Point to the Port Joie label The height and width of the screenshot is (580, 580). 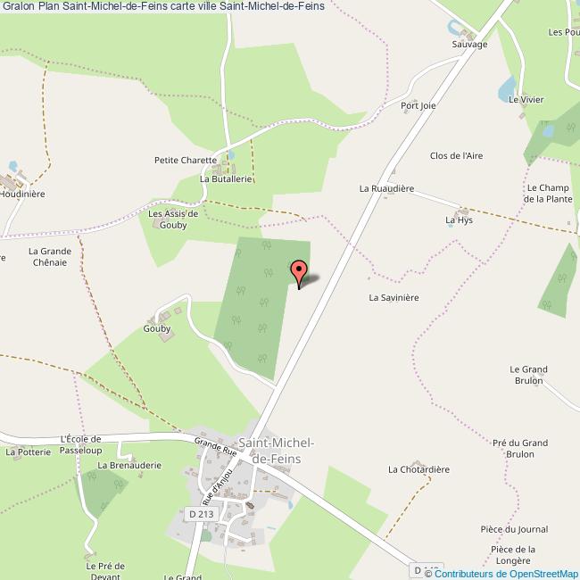point(418,105)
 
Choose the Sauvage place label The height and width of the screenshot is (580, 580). point(469,44)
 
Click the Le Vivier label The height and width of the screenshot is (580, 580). point(526,100)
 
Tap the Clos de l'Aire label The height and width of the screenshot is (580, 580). point(456,155)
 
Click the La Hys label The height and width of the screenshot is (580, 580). point(459,219)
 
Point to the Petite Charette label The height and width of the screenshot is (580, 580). point(186,161)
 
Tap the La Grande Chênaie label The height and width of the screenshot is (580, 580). point(50,256)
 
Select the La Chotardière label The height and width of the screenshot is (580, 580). point(418,468)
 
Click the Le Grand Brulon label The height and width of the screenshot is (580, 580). point(527,374)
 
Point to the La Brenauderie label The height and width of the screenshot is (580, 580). point(128,465)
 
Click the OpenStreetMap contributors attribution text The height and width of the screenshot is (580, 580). point(507,574)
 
